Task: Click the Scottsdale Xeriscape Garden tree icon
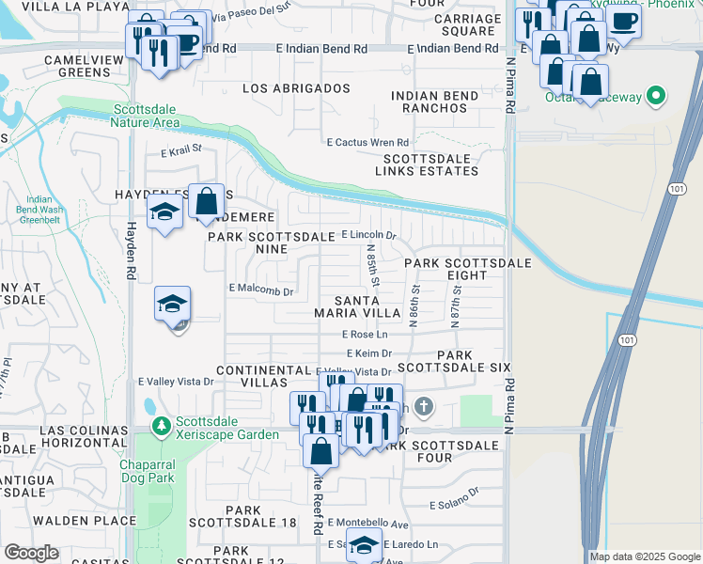[161, 427]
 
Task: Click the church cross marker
[424, 407]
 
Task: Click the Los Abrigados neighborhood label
[296, 88]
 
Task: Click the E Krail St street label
[181, 150]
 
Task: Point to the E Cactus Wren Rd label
[367, 143]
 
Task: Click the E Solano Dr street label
[454, 505]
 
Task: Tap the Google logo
[31, 553]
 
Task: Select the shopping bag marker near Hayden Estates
[207, 200]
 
